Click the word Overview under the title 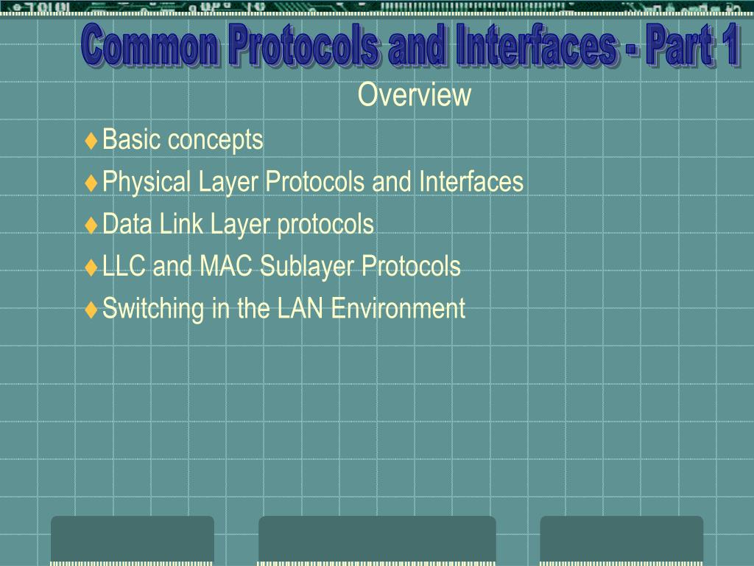coord(414,94)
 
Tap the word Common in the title coord(149,45)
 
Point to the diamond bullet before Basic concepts coord(91,141)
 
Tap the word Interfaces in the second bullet coord(471,181)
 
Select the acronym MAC coord(225,266)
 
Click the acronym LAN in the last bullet coord(300,308)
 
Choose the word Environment coord(398,308)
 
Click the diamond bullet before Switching coord(91,310)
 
